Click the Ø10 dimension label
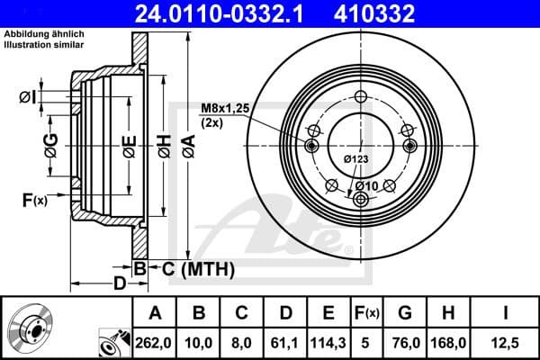point(365,185)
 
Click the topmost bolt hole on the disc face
point(361,98)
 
